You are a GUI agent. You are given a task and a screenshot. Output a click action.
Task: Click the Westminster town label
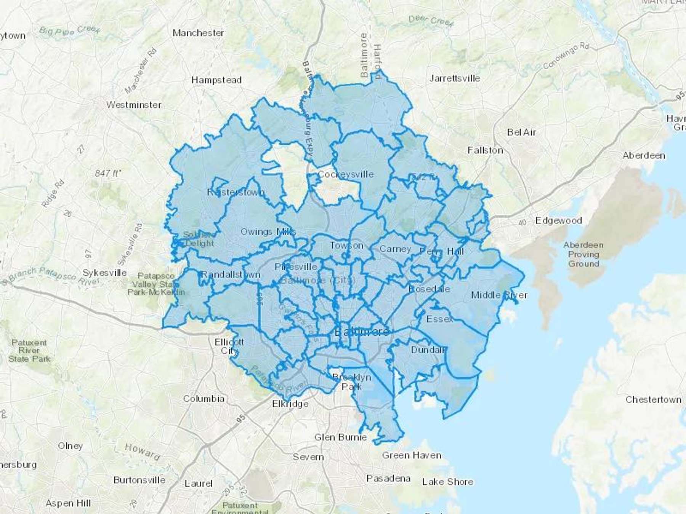coord(134,105)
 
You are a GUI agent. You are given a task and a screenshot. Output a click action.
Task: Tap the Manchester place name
coord(198,33)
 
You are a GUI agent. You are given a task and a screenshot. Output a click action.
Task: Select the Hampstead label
coord(216,80)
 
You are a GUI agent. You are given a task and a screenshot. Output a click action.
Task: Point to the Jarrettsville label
coord(455,78)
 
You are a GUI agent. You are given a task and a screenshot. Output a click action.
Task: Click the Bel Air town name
coord(521,132)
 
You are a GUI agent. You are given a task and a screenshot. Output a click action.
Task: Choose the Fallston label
coord(485,150)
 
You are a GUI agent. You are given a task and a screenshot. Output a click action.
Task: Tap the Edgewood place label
coord(558,220)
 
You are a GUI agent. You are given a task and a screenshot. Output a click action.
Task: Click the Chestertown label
coord(653,399)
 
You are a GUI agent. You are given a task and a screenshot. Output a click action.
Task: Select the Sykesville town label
coord(105,273)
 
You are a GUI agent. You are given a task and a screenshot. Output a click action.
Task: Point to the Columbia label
coord(204,399)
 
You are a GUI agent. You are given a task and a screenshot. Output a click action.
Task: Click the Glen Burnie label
coord(340,437)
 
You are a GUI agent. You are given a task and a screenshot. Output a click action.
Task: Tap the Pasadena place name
coord(388,478)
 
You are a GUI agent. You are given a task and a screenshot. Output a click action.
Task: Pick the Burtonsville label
coord(139,480)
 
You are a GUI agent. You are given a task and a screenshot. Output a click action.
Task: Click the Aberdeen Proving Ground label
coord(583,254)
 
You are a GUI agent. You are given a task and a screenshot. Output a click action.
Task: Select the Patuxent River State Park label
coord(29,351)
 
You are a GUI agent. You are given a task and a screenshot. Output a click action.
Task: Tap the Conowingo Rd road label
coord(566,56)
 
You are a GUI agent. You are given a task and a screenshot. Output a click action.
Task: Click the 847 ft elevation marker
coord(108,173)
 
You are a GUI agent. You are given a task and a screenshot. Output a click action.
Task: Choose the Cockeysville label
coord(346,174)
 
